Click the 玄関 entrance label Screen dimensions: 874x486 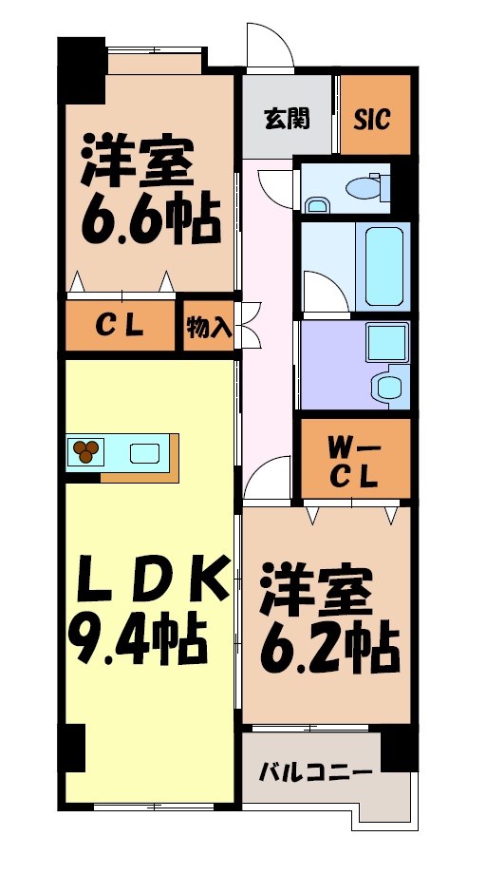(288, 119)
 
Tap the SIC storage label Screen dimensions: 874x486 (374, 119)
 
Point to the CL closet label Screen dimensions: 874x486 (120, 326)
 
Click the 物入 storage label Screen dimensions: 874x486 (209, 328)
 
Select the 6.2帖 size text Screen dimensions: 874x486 (328, 648)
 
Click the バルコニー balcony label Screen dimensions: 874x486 (316, 771)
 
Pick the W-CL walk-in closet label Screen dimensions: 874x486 (355, 460)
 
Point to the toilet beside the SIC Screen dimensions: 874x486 (364, 187)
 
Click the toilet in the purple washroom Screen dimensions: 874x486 (389, 388)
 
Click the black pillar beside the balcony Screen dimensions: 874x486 (400, 747)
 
